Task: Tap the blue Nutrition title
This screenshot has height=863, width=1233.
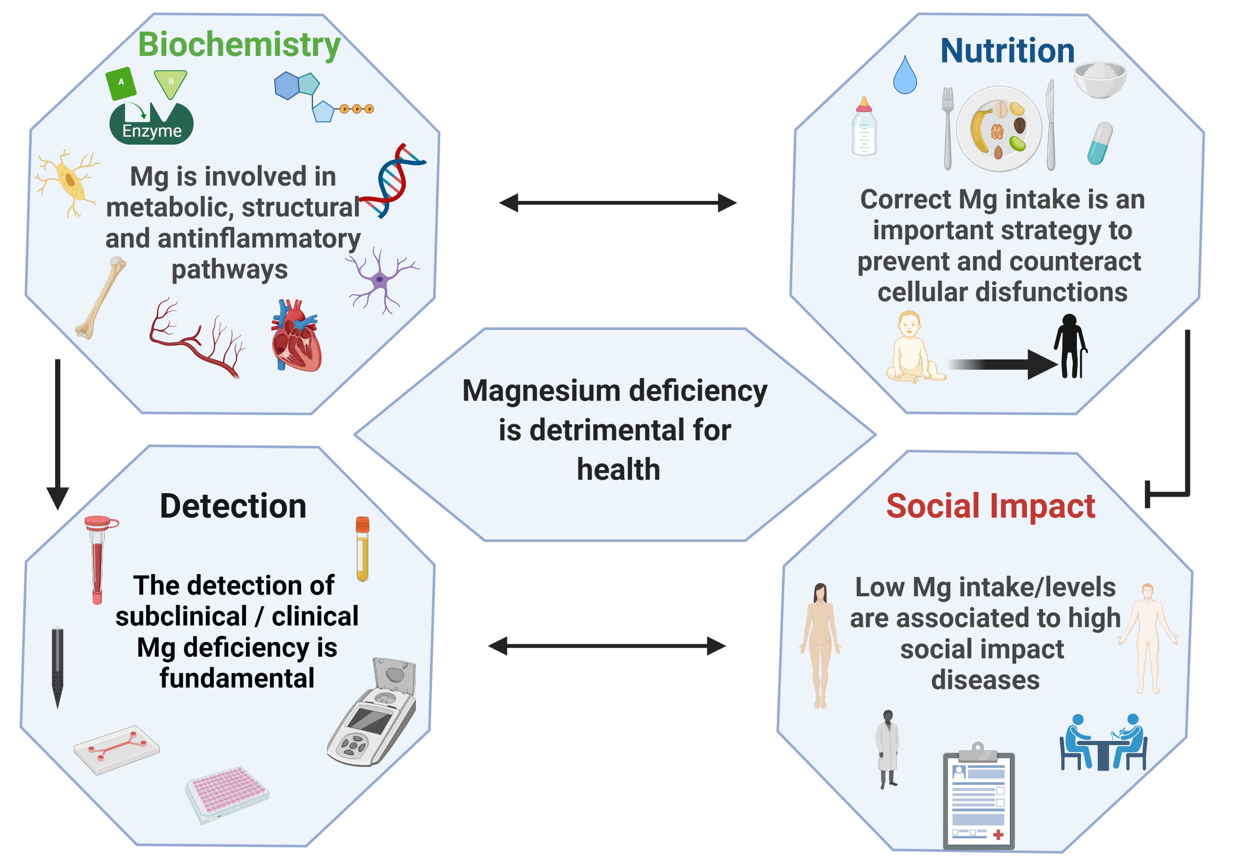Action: coord(1007,51)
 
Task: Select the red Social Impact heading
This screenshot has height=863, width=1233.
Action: coord(990,506)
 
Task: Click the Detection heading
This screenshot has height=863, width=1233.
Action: coord(233,506)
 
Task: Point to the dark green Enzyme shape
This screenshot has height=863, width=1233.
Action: coord(151,124)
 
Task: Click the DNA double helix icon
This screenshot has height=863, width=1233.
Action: coord(393,180)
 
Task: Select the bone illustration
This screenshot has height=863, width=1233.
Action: coord(100,298)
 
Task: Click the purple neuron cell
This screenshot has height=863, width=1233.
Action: coord(381,280)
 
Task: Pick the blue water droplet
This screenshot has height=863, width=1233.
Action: coord(905,75)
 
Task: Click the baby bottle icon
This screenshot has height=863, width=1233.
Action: coord(864,127)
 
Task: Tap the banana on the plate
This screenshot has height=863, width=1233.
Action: coord(981,130)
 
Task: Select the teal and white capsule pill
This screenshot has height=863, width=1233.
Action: coord(1100,143)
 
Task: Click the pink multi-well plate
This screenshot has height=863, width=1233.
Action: coord(227,795)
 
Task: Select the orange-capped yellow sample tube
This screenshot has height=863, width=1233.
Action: coord(363,549)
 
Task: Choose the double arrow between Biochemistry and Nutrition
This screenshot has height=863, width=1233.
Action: coord(618,203)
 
